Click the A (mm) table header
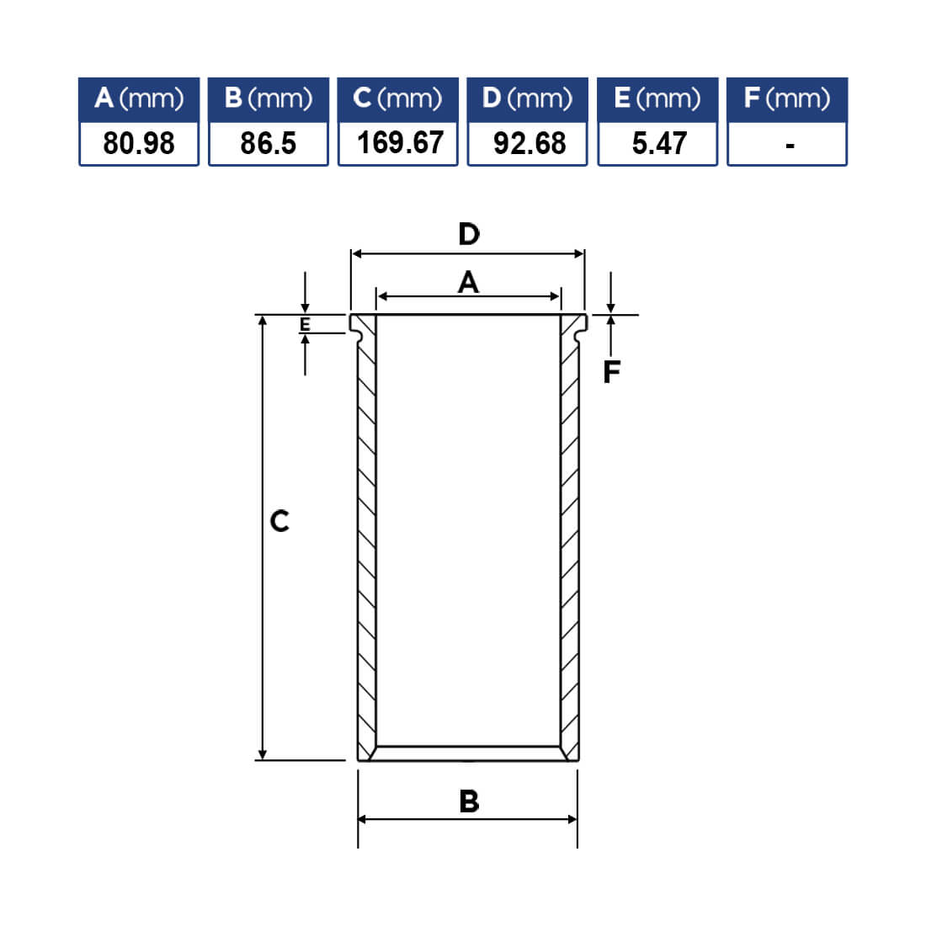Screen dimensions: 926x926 click(x=139, y=98)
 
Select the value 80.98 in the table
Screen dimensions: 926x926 click(x=139, y=143)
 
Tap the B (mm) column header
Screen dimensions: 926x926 click(x=268, y=98)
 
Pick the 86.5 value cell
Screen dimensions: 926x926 click(x=268, y=143)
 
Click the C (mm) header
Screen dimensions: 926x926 click(x=397, y=98)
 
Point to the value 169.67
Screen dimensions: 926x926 click(x=400, y=143)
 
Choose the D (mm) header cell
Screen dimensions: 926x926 click(x=527, y=98)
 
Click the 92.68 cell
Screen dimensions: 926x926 click(x=530, y=143)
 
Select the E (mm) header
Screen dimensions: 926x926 click(x=657, y=98)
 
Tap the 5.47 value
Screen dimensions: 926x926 click(x=659, y=143)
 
